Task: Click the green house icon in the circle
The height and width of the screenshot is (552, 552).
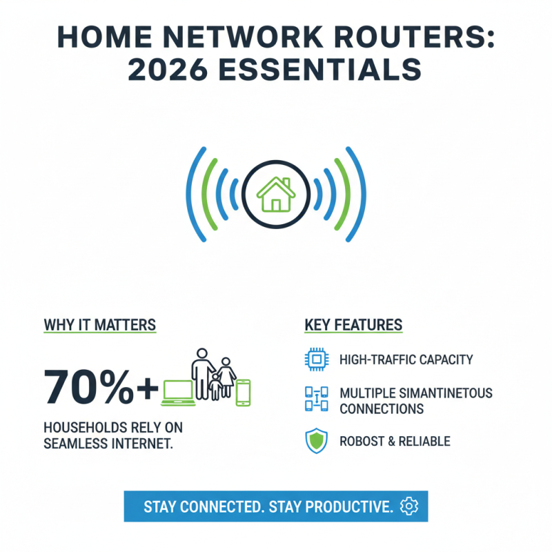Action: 275,194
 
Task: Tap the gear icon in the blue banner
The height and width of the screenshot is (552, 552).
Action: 409,506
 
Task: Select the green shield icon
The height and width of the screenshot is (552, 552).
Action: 314,442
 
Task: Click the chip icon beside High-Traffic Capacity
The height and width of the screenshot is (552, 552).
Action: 314,359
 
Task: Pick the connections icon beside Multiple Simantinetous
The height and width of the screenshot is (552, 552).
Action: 314,400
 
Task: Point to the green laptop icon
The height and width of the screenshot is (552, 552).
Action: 178,392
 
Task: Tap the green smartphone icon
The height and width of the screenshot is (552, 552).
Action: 243,392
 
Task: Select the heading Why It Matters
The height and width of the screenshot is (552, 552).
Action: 99,324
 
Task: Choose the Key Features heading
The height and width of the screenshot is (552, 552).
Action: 353,324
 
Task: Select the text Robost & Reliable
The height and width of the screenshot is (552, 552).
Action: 395,442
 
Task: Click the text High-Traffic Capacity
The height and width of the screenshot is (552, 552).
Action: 406,359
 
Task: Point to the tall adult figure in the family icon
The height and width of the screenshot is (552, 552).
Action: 201,373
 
